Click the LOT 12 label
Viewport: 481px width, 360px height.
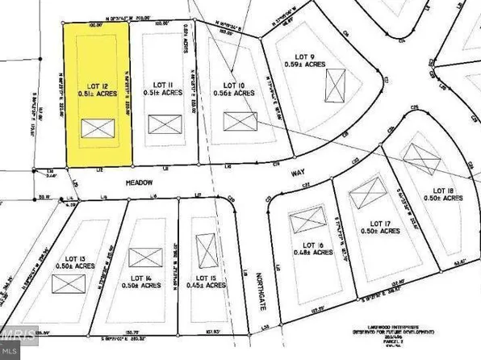click(x=97, y=83)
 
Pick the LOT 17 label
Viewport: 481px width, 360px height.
click(x=380, y=224)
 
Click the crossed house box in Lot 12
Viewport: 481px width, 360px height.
click(x=98, y=128)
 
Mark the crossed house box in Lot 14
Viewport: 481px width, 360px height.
click(x=145, y=257)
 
